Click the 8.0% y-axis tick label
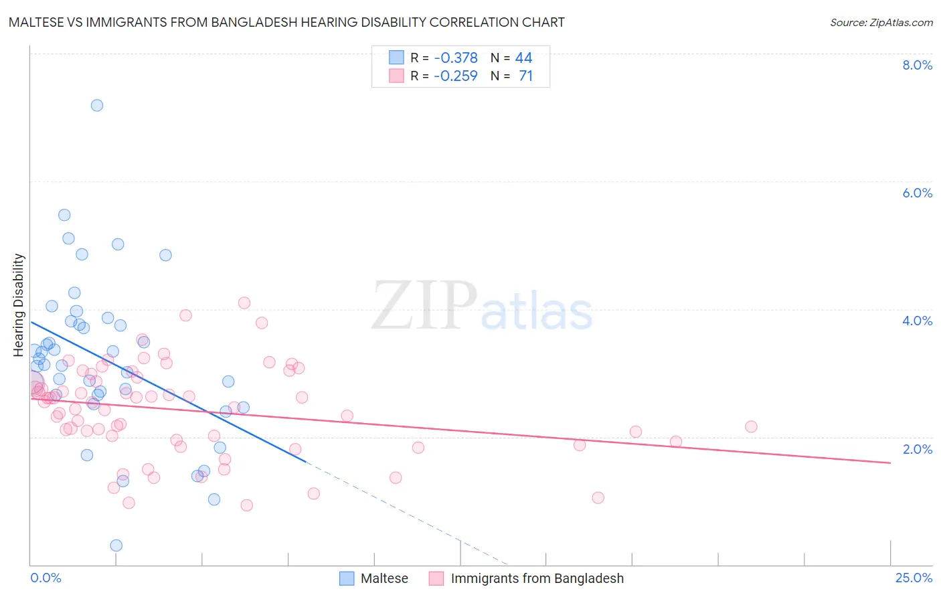pos(917,65)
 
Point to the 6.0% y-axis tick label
pos(917,193)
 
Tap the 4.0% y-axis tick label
pos(917,321)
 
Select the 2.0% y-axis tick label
pos(917,448)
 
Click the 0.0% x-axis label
pos(46,578)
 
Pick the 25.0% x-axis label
pos(914,578)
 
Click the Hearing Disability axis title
pos(19,305)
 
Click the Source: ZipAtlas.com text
pos(881,22)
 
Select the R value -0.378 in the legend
pos(455,58)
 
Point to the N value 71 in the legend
pos(525,76)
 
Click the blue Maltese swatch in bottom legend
pos(347,578)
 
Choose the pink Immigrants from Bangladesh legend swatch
pos(436,578)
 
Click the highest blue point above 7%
pos(97,105)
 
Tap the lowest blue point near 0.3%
pos(116,545)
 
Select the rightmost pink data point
pos(751,427)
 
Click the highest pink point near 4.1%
pos(244,303)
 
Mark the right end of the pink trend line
pos(890,462)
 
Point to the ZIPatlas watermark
pos(482,307)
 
